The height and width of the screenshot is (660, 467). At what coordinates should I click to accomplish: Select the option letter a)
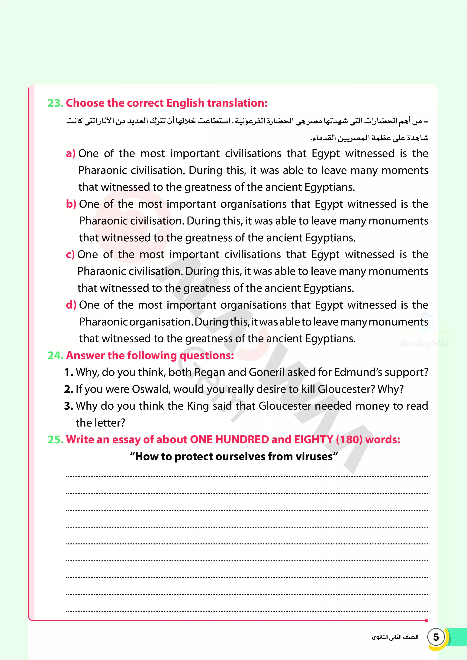(x=70, y=154)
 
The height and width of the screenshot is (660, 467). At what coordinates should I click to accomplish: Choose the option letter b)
(x=71, y=204)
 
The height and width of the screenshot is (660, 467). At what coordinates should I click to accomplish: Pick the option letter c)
(x=70, y=255)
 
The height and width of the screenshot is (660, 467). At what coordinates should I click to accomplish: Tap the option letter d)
(x=71, y=305)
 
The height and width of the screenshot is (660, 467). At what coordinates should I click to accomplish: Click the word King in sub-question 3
(x=198, y=406)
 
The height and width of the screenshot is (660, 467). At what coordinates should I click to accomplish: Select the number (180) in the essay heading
(x=349, y=440)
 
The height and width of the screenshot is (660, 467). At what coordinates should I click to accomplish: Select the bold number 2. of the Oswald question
(x=69, y=389)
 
